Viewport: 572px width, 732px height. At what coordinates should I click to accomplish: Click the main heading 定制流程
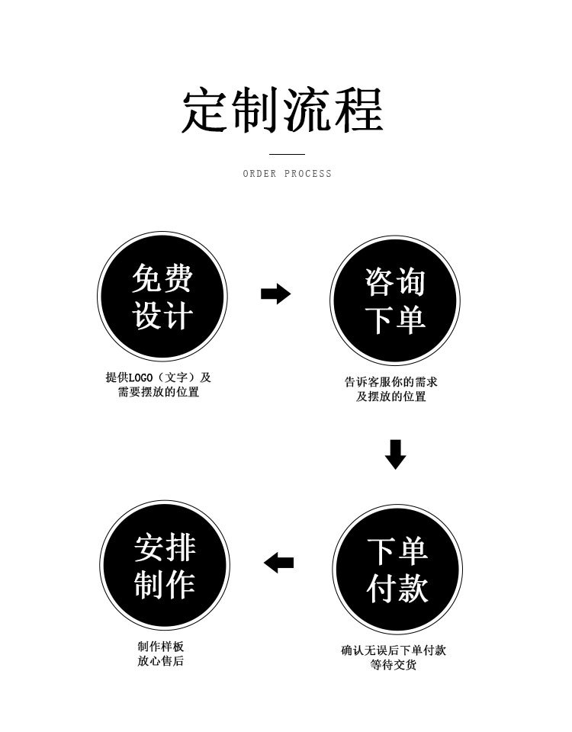tap(282, 111)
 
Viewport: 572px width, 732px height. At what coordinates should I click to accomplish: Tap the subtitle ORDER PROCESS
tap(288, 174)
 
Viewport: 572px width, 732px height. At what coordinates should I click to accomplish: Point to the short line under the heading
tap(288, 154)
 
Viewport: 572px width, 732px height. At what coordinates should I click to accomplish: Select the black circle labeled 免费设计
tap(162, 297)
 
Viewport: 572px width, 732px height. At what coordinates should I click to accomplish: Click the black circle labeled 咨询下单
tap(395, 300)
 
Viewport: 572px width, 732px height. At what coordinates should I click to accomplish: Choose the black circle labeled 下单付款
tap(397, 569)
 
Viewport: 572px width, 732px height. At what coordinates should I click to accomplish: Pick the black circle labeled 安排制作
tap(165, 566)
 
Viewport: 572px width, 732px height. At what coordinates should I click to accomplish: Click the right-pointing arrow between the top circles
tap(275, 294)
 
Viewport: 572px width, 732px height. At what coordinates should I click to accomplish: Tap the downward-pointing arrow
tap(395, 454)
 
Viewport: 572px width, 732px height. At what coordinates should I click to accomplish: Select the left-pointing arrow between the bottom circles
tap(279, 563)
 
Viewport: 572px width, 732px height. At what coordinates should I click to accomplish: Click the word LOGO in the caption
tap(141, 377)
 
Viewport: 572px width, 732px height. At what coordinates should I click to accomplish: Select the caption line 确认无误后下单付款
tap(394, 650)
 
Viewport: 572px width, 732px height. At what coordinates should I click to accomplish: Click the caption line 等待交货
tap(394, 666)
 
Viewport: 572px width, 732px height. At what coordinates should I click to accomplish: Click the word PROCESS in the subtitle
tap(308, 174)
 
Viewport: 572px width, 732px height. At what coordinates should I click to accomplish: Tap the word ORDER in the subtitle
tap(259, 174)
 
